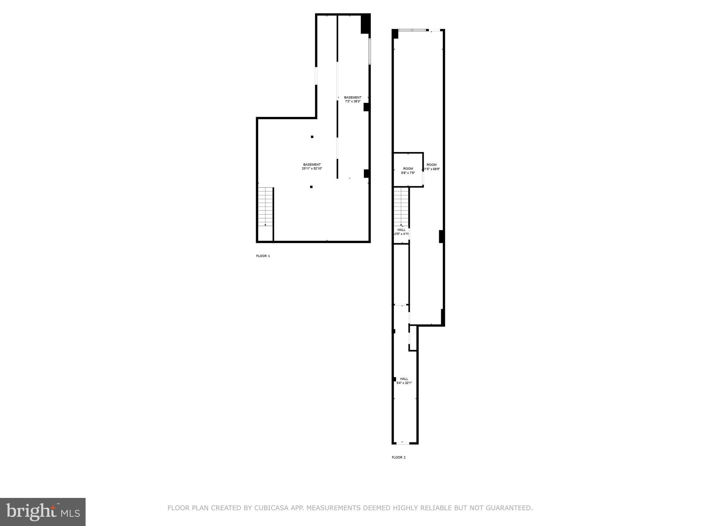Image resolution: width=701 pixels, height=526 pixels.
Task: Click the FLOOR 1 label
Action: [263, 256]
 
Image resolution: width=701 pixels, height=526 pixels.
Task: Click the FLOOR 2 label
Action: [398, 457]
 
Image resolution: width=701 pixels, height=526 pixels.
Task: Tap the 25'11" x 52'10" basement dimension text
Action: [312, 168]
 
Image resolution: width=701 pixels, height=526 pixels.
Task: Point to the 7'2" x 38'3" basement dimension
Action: [353, 101]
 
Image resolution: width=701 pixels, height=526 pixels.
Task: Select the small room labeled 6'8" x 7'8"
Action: [408, 171]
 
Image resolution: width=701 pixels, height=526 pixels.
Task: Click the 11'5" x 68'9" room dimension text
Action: [432, 169]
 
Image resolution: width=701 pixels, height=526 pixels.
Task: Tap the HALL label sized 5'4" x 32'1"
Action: [404, 381]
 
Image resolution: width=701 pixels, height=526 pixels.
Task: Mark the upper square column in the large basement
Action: [312, 137]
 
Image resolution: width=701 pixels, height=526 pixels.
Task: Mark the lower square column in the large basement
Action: [311, 187]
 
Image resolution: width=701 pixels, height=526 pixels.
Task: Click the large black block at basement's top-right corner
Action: [366, 23]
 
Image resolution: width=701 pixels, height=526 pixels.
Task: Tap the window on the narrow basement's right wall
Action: [370, 51]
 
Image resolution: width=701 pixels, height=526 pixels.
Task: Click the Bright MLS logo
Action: [43, 511]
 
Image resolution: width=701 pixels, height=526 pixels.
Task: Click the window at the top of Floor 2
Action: [412, 30]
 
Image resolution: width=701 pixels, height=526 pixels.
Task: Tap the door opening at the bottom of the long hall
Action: [403, 443]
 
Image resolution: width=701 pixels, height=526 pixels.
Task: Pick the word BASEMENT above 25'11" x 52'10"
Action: [312, 164]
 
